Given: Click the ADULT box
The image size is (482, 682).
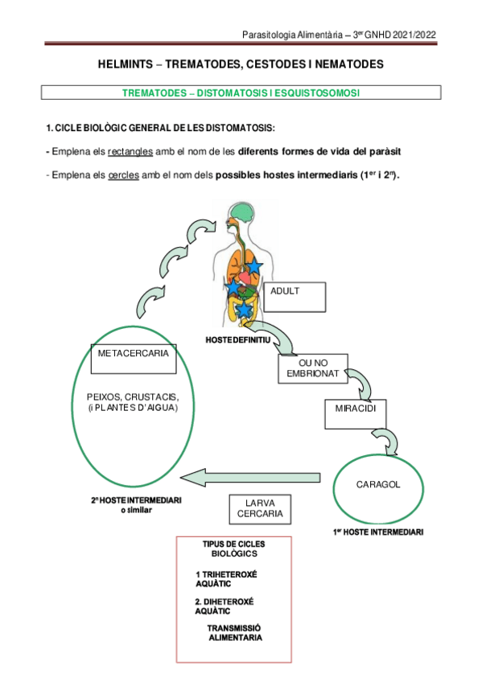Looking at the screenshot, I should (297, 296).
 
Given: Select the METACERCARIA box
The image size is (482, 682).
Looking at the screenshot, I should (133, 358).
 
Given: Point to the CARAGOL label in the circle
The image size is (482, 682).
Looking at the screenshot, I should (377, 485).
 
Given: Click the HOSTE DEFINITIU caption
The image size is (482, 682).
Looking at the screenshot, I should (237, 341).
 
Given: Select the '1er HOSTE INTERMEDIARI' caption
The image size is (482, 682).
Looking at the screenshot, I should (377, 532).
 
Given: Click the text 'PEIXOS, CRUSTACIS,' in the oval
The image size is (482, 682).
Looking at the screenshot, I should (133, 398).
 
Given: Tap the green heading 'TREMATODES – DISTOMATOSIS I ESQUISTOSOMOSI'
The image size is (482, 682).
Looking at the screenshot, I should (241, 93).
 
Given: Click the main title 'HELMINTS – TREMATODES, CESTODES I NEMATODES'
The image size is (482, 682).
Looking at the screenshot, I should (241, 64).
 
